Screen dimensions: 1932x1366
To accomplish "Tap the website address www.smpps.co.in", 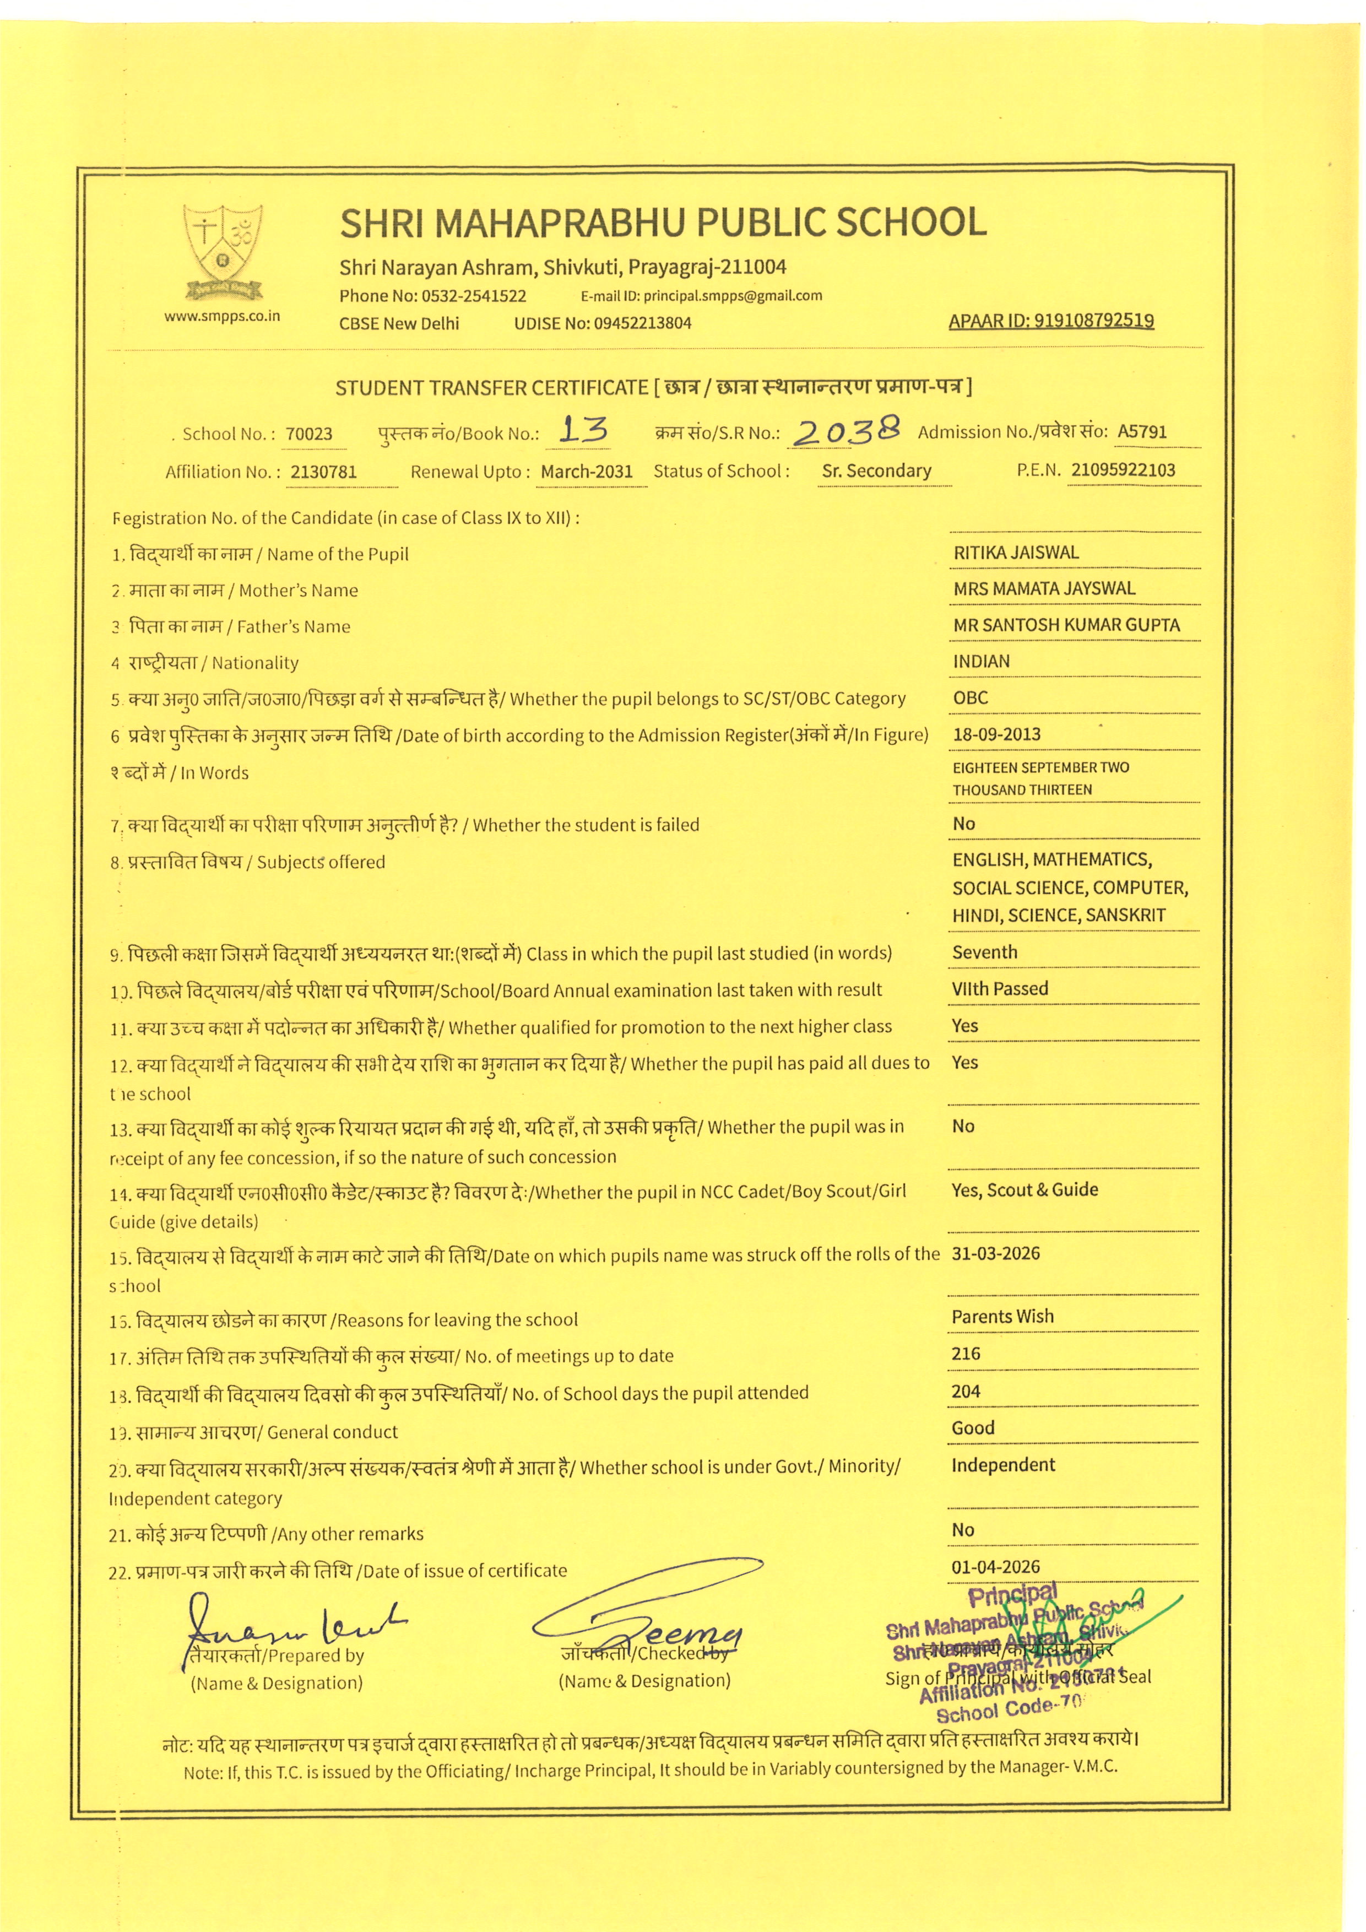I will pyautogui.click(x=222, y=316).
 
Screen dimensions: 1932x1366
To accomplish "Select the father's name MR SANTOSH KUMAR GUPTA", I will pyautogui.click(x=1066, y=625).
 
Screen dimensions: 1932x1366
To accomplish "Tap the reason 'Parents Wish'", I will pyautogui.click(x=1002, y=1317).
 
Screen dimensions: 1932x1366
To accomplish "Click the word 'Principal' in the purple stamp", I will pyautogui.click(x=1012, y=1595).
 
